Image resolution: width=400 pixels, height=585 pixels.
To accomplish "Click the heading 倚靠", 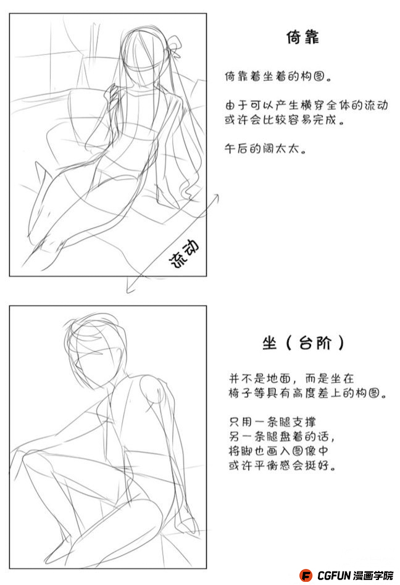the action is tap(302, 37).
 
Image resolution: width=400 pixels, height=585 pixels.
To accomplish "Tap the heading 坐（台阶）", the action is tap(302, 342).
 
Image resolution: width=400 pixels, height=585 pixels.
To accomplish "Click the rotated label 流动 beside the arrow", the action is tap(185, 254).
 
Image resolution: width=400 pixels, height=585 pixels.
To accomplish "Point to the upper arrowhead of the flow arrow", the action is tap(215, 197).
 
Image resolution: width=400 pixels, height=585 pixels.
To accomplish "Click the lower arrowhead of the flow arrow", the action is tap(130, 288).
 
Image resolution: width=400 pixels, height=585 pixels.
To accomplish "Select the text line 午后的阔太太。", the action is tap(265, 149).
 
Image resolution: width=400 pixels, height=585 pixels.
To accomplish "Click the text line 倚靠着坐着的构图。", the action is tap(278, 77).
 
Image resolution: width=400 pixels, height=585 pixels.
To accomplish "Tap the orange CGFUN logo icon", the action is tap(306, 575).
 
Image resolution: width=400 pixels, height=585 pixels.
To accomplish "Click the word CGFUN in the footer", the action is tap(334, 575).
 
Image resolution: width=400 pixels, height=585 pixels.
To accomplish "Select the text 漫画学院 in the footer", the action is tap(373, 575).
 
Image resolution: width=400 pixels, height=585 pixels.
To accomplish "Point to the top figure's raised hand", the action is tap(112, 94).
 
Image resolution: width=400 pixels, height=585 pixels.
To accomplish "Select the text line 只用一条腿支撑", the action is tap(272, 422).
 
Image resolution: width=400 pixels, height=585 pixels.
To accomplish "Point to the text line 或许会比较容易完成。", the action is tap(285, 120).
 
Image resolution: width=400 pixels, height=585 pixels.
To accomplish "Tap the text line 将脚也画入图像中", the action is tap(278, 451).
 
